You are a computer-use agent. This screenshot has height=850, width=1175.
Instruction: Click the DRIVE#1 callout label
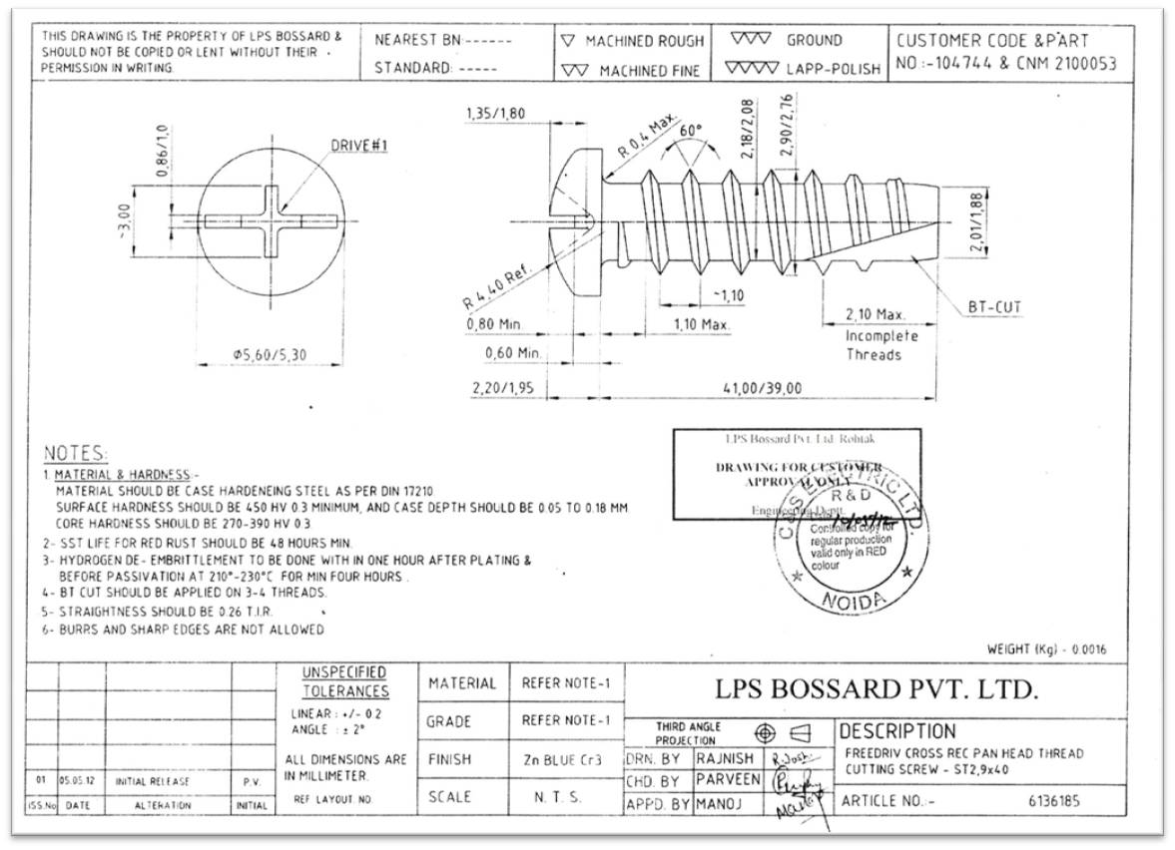(358, 146)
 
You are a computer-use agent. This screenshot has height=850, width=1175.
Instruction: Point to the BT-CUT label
(994, 307)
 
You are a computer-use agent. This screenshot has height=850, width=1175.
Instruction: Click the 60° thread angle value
(691, 131)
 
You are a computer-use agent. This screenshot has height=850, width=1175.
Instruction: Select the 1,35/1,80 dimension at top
(494, 114)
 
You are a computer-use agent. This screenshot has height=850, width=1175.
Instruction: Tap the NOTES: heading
(76, 454)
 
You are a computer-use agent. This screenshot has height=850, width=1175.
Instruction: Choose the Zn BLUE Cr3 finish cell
(563, 759)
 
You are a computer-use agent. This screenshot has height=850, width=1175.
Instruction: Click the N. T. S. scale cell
(563, 797)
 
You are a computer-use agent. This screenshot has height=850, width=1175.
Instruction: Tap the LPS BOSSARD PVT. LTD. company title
(877, 688)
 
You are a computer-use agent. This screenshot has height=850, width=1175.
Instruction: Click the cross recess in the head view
(269, 218)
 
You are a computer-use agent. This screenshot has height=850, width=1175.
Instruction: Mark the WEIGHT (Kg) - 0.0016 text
(1046, 649)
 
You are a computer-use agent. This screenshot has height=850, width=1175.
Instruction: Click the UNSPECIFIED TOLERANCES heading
(345, 681)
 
